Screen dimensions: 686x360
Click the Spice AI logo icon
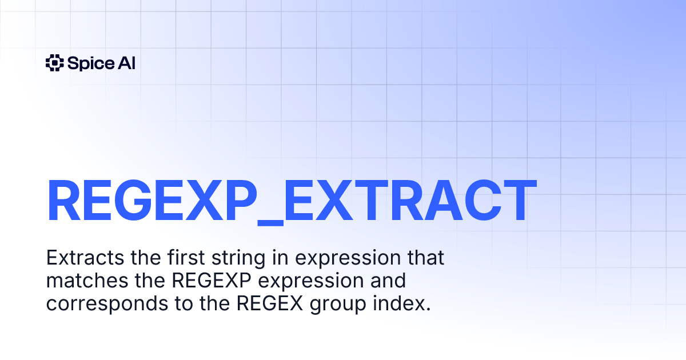(x=55, y=63)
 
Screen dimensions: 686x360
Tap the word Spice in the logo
(x=91, y=63)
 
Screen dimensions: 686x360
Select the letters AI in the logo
(x=126, y=63)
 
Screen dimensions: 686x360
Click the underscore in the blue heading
(x=270, y=224)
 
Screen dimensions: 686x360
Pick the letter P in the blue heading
(x=241, y=200)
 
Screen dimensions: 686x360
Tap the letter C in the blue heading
(x=483, y=200)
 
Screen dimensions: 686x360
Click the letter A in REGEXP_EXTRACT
(x=444, y=200)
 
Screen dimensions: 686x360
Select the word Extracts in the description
(x=85, y=258)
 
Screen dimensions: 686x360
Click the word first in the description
(x=186, y=257)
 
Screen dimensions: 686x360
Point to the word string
(x=238, y=259)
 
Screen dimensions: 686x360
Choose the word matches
(x=87, y=280)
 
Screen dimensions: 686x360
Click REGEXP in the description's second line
(x=212, y=280)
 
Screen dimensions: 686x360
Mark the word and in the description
(x=388, y=280)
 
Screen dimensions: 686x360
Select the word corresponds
(x=107, y=305)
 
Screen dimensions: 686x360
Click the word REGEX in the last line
(x=270, y=303)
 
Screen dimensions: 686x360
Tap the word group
(x=338, y=305)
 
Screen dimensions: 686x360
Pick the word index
(x=398, y=303)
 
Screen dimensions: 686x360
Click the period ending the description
(x=428, y=309)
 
